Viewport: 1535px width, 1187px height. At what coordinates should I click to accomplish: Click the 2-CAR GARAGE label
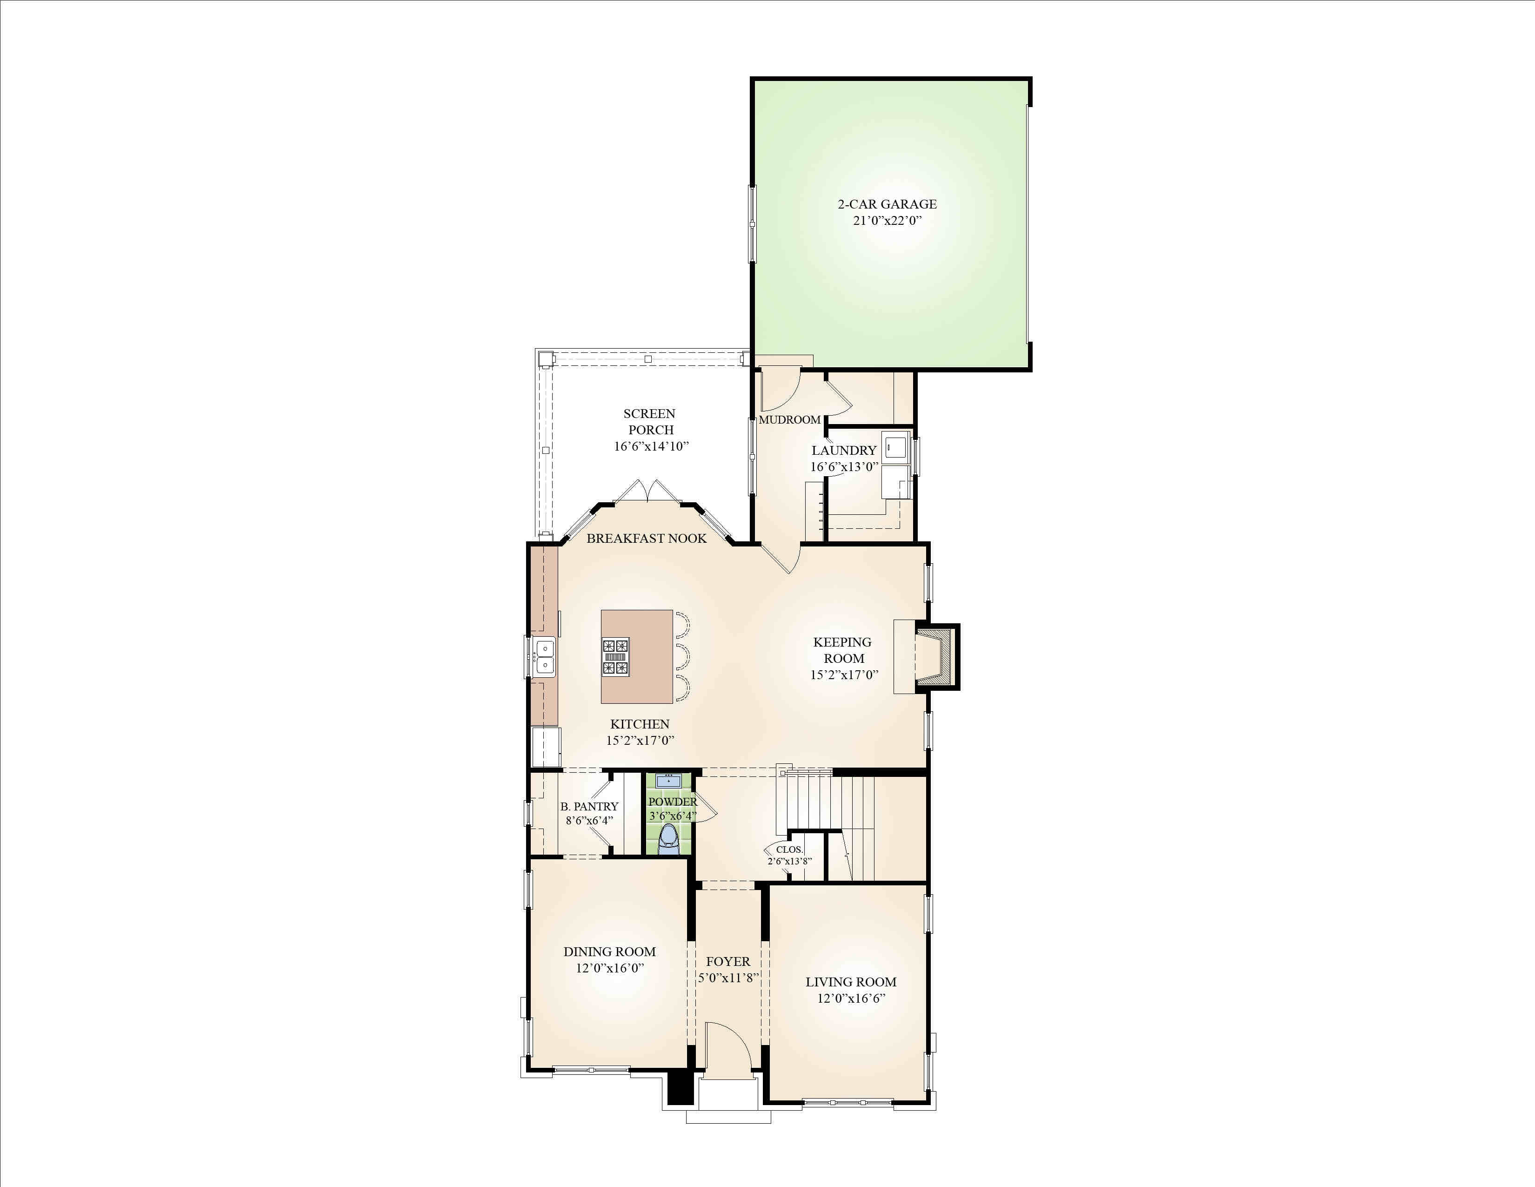point(887,204)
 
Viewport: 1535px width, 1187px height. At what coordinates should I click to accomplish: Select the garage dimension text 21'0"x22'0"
point(887,220)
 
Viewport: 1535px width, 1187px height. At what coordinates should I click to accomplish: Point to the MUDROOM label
point(789,419)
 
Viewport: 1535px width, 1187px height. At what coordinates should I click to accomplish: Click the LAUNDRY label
point(844,450)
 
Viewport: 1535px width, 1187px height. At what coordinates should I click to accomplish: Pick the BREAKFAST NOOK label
point(647,538)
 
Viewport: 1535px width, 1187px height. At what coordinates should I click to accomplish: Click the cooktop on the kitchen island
point(615,656)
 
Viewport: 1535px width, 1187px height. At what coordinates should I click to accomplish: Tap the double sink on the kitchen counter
point(544,657)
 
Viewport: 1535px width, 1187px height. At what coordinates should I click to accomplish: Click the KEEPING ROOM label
point(843,650)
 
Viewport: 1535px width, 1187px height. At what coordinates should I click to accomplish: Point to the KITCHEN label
point(640,723)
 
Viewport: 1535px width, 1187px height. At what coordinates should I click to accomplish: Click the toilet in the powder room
point(668,839)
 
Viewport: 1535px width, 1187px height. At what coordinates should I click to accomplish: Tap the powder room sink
point(668,780)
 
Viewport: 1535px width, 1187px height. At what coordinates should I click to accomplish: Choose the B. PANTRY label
point(589,807)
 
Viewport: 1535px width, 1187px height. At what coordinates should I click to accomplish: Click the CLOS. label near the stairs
point(789,850)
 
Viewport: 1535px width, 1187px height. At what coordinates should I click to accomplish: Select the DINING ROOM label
point(609,951)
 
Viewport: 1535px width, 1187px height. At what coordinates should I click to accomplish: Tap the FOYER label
point(728,961)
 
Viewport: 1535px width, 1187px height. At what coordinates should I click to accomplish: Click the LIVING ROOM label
point(851,982)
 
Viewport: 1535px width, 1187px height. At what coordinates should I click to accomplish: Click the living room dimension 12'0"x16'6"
point(851,998)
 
